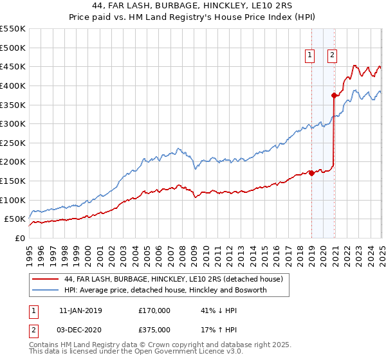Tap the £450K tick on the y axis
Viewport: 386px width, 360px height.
[13, 66]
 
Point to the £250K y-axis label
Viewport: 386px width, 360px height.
[13, 143]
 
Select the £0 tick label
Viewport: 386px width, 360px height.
[19, 238]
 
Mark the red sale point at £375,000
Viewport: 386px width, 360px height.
[334, 96]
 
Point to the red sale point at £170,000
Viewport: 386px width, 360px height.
[311, 172]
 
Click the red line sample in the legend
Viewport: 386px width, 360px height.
[44, 279]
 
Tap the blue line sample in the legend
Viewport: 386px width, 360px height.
[44, 291]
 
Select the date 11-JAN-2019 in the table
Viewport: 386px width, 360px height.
[80, 310]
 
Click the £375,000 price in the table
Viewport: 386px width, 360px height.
[154, 330]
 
